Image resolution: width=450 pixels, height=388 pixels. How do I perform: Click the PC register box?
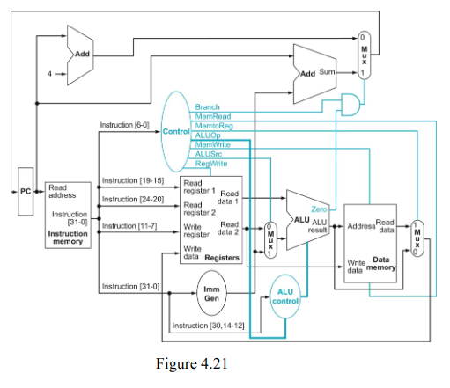click(25, 191)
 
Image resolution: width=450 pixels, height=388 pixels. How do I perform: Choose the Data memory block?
click(371, 241)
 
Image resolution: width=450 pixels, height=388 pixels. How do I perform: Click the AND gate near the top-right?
click(350, 102)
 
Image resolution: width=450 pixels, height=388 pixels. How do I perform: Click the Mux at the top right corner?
click(364, 57)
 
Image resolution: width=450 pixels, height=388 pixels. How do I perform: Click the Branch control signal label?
click(208, 107)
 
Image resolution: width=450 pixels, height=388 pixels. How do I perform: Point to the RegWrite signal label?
click(210, 163)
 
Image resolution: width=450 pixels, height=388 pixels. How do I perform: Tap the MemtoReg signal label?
click(213, 126)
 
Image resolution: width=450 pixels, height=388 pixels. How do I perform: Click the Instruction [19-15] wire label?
click(132, 180)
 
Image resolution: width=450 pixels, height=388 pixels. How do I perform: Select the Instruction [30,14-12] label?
click(208, 326)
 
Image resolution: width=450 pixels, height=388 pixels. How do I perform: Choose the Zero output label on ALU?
click(319, 209)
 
